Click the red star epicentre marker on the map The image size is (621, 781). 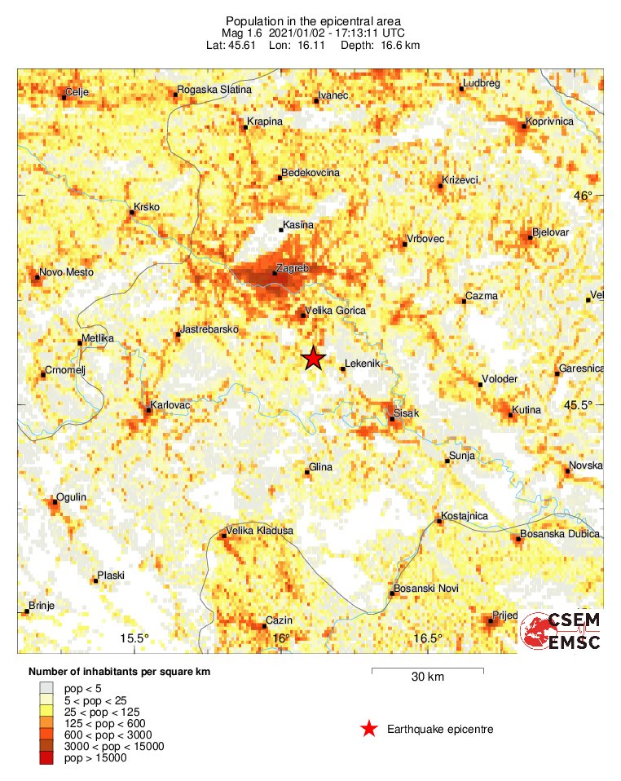[313, 358]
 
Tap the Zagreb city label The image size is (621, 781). [293, 267]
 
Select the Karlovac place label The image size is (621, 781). [170, 405]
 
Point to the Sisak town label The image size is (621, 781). [406, 413]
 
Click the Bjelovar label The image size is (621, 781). [550, 232]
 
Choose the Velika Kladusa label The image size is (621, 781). [259, 531]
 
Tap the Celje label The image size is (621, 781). [77, 92]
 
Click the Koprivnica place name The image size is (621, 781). [550, 121]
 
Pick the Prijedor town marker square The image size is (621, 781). [490, 621]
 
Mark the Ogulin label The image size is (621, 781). [71, 496]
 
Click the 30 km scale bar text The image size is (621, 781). [427, 677]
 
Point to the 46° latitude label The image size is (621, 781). [584, 196]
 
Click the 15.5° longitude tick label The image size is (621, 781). [135, 638]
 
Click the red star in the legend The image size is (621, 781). [369, 729]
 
